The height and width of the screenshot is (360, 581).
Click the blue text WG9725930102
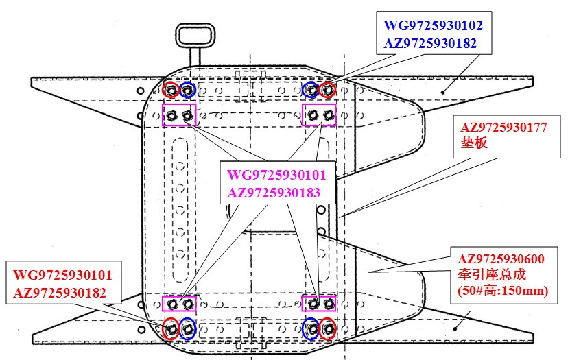433,26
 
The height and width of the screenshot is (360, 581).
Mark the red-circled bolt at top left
171,90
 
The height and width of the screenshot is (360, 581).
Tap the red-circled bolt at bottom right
329,328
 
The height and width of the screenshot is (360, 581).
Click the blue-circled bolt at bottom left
187,328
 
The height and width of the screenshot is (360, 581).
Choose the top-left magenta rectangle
179,115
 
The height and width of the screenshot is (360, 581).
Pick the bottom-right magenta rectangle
320,303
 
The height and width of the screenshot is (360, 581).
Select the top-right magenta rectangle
320,115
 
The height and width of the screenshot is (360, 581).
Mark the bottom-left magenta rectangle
179,303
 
